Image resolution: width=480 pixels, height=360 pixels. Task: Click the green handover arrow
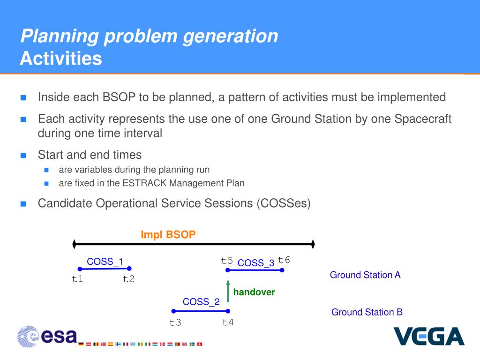pyautogui.click(x=228, y=291)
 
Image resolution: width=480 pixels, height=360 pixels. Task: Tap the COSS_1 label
pyautogui.click(x=105, y=262)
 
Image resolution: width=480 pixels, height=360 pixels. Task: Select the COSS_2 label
pyautogui.click(x=201, y=301)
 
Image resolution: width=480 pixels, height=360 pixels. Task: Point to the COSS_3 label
pyautogui.click(x=256, y=262)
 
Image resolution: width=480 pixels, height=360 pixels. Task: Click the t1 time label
pyautogui.click(x=77, y=279)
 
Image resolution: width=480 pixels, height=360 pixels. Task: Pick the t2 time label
pyautogui.click(x=128, y=279)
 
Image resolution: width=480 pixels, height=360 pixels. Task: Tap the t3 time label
pyautogui.click(x=175, y=322)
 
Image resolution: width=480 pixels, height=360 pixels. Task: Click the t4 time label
pyautogui.click(x=228, y=322)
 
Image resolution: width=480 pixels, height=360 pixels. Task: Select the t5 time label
pyautogui.click(x=227, y=261)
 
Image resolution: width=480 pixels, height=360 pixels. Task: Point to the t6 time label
pyautogui.click(x=284, y=260)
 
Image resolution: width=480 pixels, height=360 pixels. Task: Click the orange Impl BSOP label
pyautogui.click(x=168, y=234)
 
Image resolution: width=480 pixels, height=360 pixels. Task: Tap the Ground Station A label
pyautogui.click(x=365, y=275)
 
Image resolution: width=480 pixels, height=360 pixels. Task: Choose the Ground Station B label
pyautogui.click(x=367, y=312)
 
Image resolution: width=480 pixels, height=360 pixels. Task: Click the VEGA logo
pyautogui.click(x=429, y=336)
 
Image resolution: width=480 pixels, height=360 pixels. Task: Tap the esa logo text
pyautogui.click(x=59, y=336)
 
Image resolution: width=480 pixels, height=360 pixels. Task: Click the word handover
pyautogui.click(x=254, y=292)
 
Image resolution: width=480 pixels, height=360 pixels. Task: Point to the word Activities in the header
pyautogui.click(x=61, y=58)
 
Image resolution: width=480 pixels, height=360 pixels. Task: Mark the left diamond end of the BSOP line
pyautogui.click(x=74, y=244)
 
